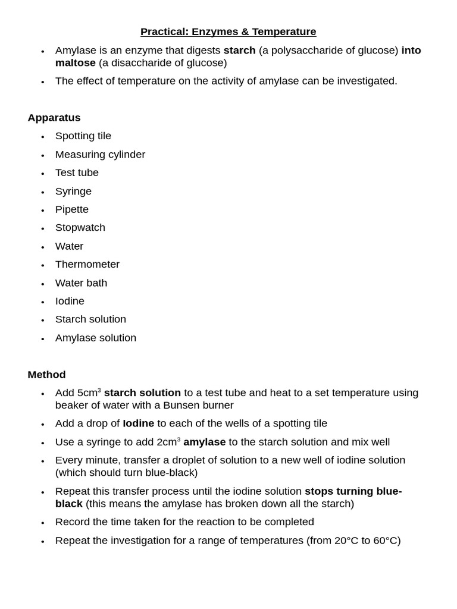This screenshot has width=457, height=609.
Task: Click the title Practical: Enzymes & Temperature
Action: coord(228,32)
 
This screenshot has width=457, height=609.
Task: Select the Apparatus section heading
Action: coord(54,118)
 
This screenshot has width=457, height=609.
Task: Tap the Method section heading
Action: coord(46,375)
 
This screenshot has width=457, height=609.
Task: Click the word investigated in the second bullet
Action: coord(364,81)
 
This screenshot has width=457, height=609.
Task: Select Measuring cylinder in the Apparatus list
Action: coord(100,155)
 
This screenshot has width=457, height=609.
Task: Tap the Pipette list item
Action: coord(72,209)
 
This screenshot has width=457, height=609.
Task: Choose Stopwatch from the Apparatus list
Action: coord(80,228)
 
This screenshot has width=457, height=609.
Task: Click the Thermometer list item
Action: coord(87,265)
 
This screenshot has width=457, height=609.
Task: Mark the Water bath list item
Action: coord(82,283)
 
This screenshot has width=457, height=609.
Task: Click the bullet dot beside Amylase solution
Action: coord(43,338)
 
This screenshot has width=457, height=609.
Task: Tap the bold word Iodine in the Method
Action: coord(138,423)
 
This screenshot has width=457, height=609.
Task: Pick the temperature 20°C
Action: coord(347,541)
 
